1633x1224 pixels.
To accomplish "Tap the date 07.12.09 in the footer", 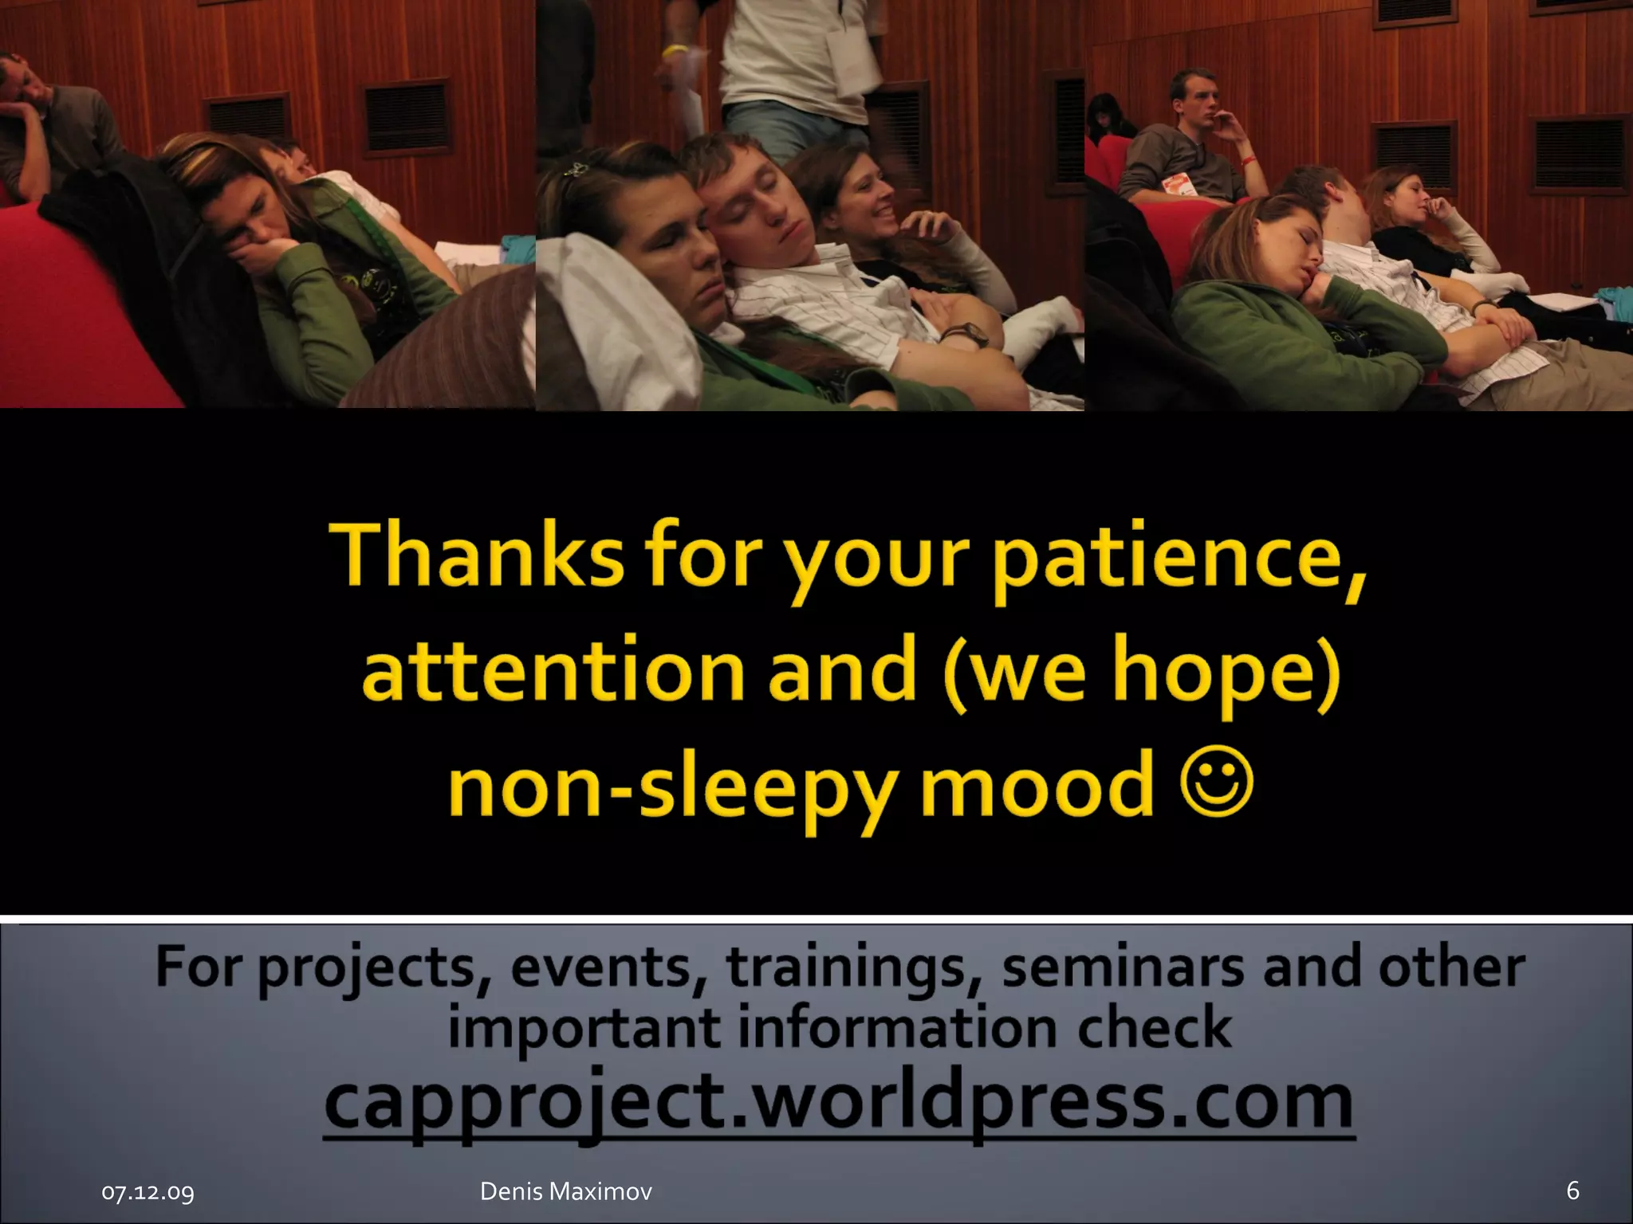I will point(148,1192).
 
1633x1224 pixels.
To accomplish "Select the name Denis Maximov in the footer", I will point(565,1191).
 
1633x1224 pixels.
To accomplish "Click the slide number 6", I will point(1572,1191).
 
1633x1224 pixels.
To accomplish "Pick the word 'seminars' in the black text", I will point(1123,967).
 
